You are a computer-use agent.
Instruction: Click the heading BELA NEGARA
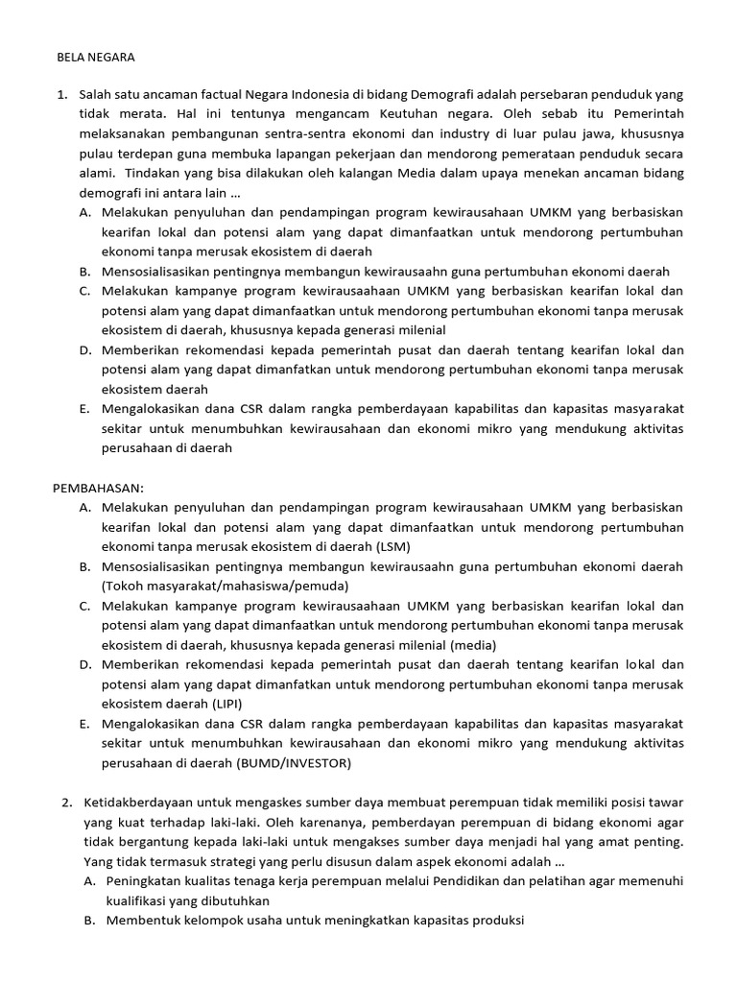coord(97,57)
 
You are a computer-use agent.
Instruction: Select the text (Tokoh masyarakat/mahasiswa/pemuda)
coord(226,586)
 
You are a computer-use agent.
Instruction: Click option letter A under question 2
coord(88,880)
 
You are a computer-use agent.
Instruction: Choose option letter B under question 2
coord(88,921)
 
